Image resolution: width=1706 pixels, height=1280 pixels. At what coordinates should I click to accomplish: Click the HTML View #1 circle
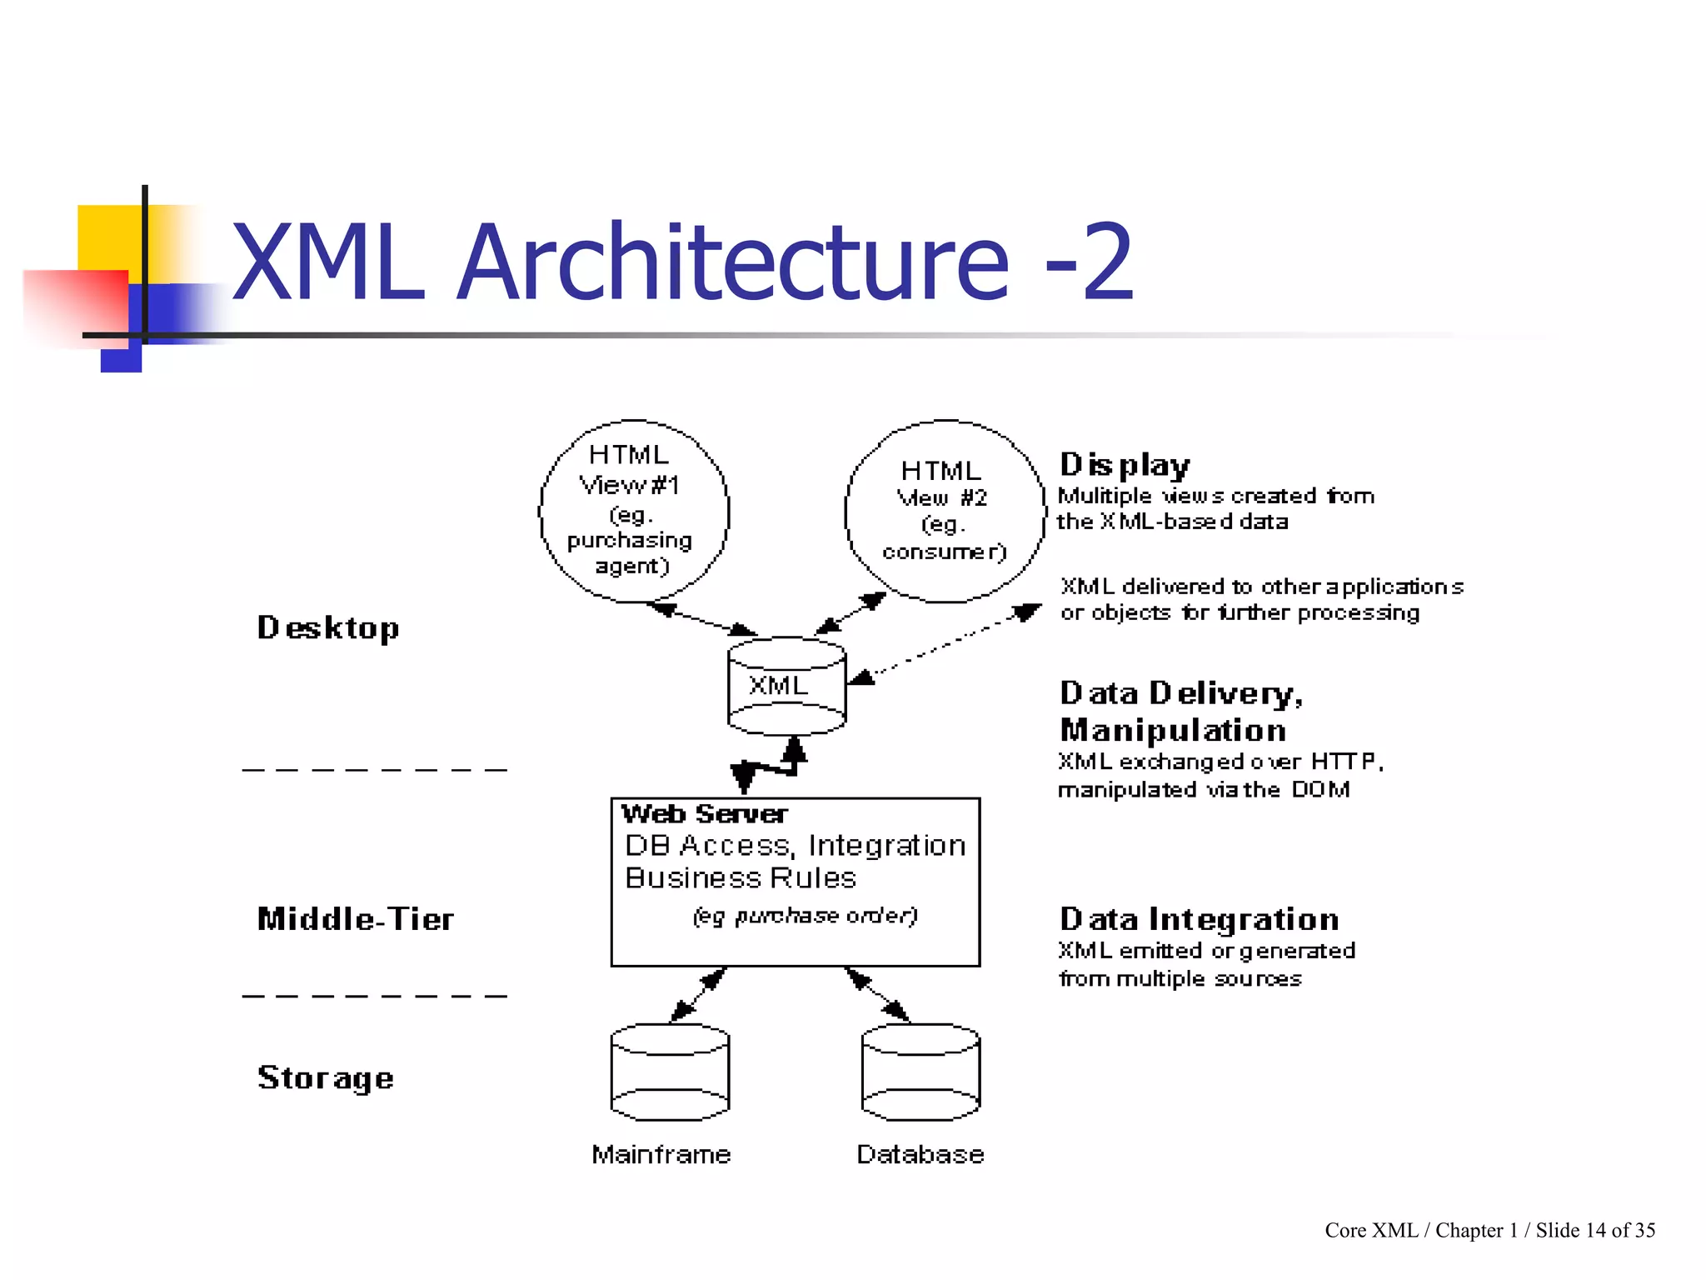633,510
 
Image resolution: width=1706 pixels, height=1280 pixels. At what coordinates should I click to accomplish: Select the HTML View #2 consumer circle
944,511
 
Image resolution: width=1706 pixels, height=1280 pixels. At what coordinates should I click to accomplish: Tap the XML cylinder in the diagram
786,687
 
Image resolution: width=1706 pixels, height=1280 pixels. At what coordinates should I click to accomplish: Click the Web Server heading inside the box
704,814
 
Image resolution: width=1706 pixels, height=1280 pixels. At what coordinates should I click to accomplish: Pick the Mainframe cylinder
670,1072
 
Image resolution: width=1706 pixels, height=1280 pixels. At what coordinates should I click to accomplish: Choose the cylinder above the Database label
920,1072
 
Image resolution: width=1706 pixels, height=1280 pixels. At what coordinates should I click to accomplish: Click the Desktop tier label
328,627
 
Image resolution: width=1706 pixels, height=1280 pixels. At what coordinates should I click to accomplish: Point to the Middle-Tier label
356,919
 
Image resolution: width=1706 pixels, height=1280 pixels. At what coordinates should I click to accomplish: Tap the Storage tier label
326,1077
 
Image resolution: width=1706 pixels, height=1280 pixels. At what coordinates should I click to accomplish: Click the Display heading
1125,465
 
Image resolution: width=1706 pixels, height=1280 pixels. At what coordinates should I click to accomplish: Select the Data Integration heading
1199,919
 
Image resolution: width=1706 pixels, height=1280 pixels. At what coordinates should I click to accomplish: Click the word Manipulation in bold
1173,731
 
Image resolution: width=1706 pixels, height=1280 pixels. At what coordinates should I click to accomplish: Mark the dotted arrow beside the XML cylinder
945,644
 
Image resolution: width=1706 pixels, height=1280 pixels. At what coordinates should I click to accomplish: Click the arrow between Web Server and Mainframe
698,994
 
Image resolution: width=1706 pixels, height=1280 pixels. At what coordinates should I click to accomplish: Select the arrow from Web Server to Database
877,994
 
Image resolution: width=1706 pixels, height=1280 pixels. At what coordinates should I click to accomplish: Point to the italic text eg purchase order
805,916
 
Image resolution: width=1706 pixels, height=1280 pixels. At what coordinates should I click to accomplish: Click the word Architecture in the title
733,262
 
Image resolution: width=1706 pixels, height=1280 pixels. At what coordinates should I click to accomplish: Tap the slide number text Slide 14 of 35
1595,1231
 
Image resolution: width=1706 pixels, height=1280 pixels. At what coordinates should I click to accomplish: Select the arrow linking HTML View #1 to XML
701,619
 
